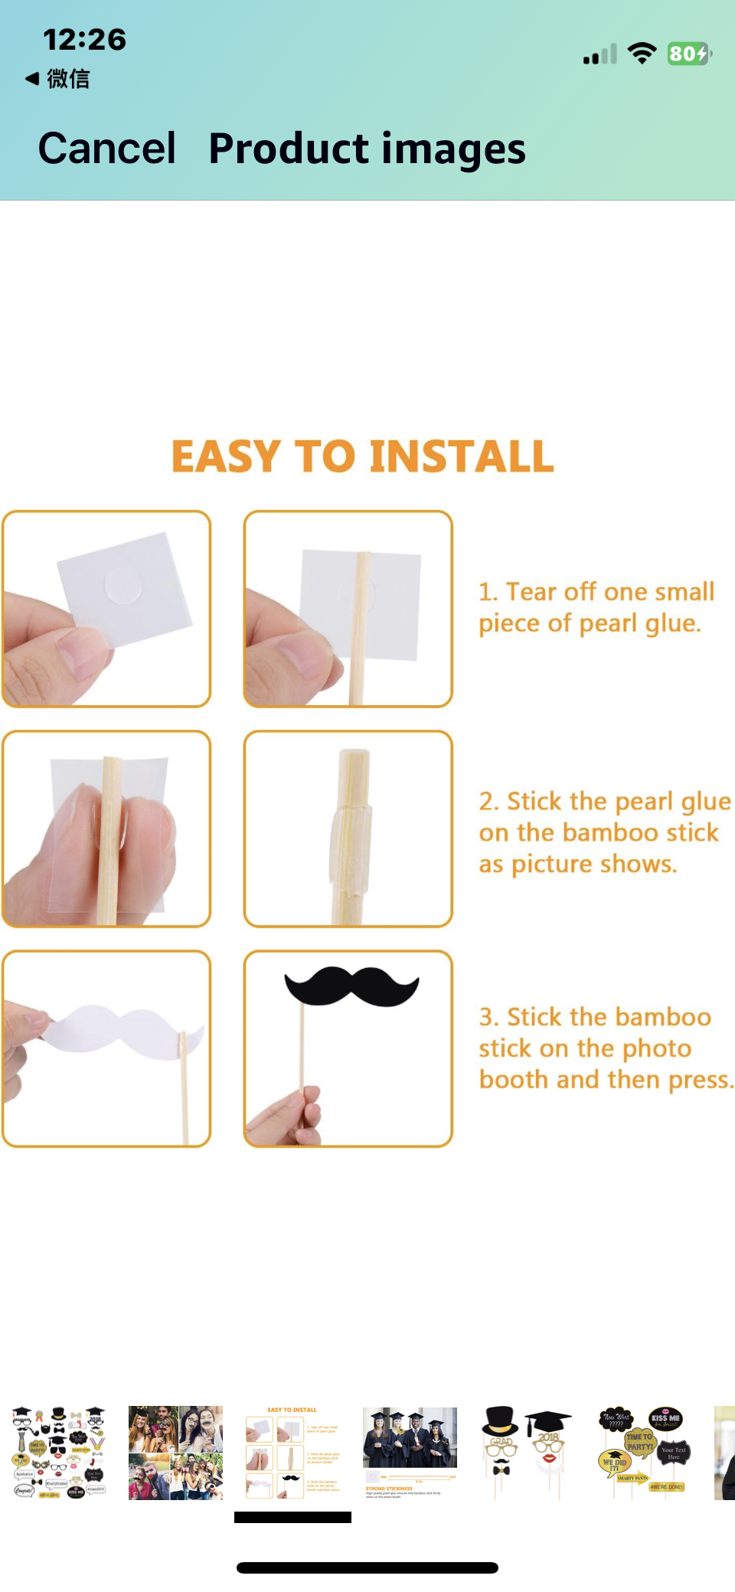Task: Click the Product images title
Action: point(367,149)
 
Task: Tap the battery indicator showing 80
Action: point(688,54)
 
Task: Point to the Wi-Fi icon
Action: point(642,53)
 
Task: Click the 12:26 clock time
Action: point(84,39)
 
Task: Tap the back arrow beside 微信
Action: point(32,78)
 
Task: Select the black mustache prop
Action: point(351,985)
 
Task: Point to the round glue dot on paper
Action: point(123,586)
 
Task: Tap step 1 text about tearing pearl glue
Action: point(595,607)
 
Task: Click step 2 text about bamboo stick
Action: point(603,832)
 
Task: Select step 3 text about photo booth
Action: point(605,1048)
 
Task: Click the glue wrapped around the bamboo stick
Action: point(350,842)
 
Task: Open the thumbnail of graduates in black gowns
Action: point(410,1452)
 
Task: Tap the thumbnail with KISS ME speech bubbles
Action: point(645,1452)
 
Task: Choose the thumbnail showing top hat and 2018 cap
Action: point(526,1452)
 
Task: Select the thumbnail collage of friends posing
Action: point(175,1452)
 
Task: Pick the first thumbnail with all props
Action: point(59,1452)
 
